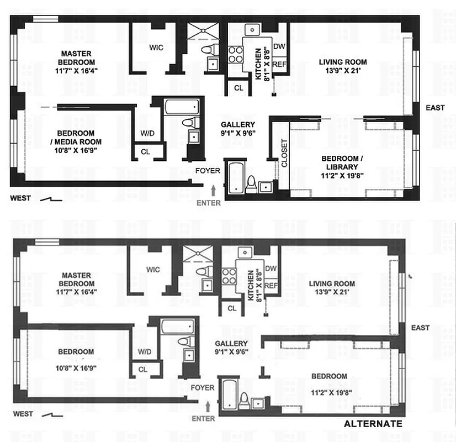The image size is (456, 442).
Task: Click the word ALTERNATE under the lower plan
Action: click(x=373, y=424)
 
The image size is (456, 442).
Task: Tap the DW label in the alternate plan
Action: click(x=271, y=269)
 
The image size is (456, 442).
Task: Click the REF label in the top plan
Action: click(x=279, y=64)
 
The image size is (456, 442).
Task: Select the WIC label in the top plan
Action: click(x=156, y=48)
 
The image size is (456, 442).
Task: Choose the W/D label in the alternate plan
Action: click(x=145, y=351)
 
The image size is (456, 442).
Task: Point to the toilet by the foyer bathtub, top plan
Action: click(x=251, y=182)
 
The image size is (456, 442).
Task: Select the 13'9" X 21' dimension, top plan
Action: click(x=343, y=71)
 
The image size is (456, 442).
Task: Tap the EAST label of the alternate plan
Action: click(x=420, y=328)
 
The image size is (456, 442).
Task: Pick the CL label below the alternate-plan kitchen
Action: click(x=232, y=308)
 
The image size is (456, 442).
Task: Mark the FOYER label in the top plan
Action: click(x=208, y=171)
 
